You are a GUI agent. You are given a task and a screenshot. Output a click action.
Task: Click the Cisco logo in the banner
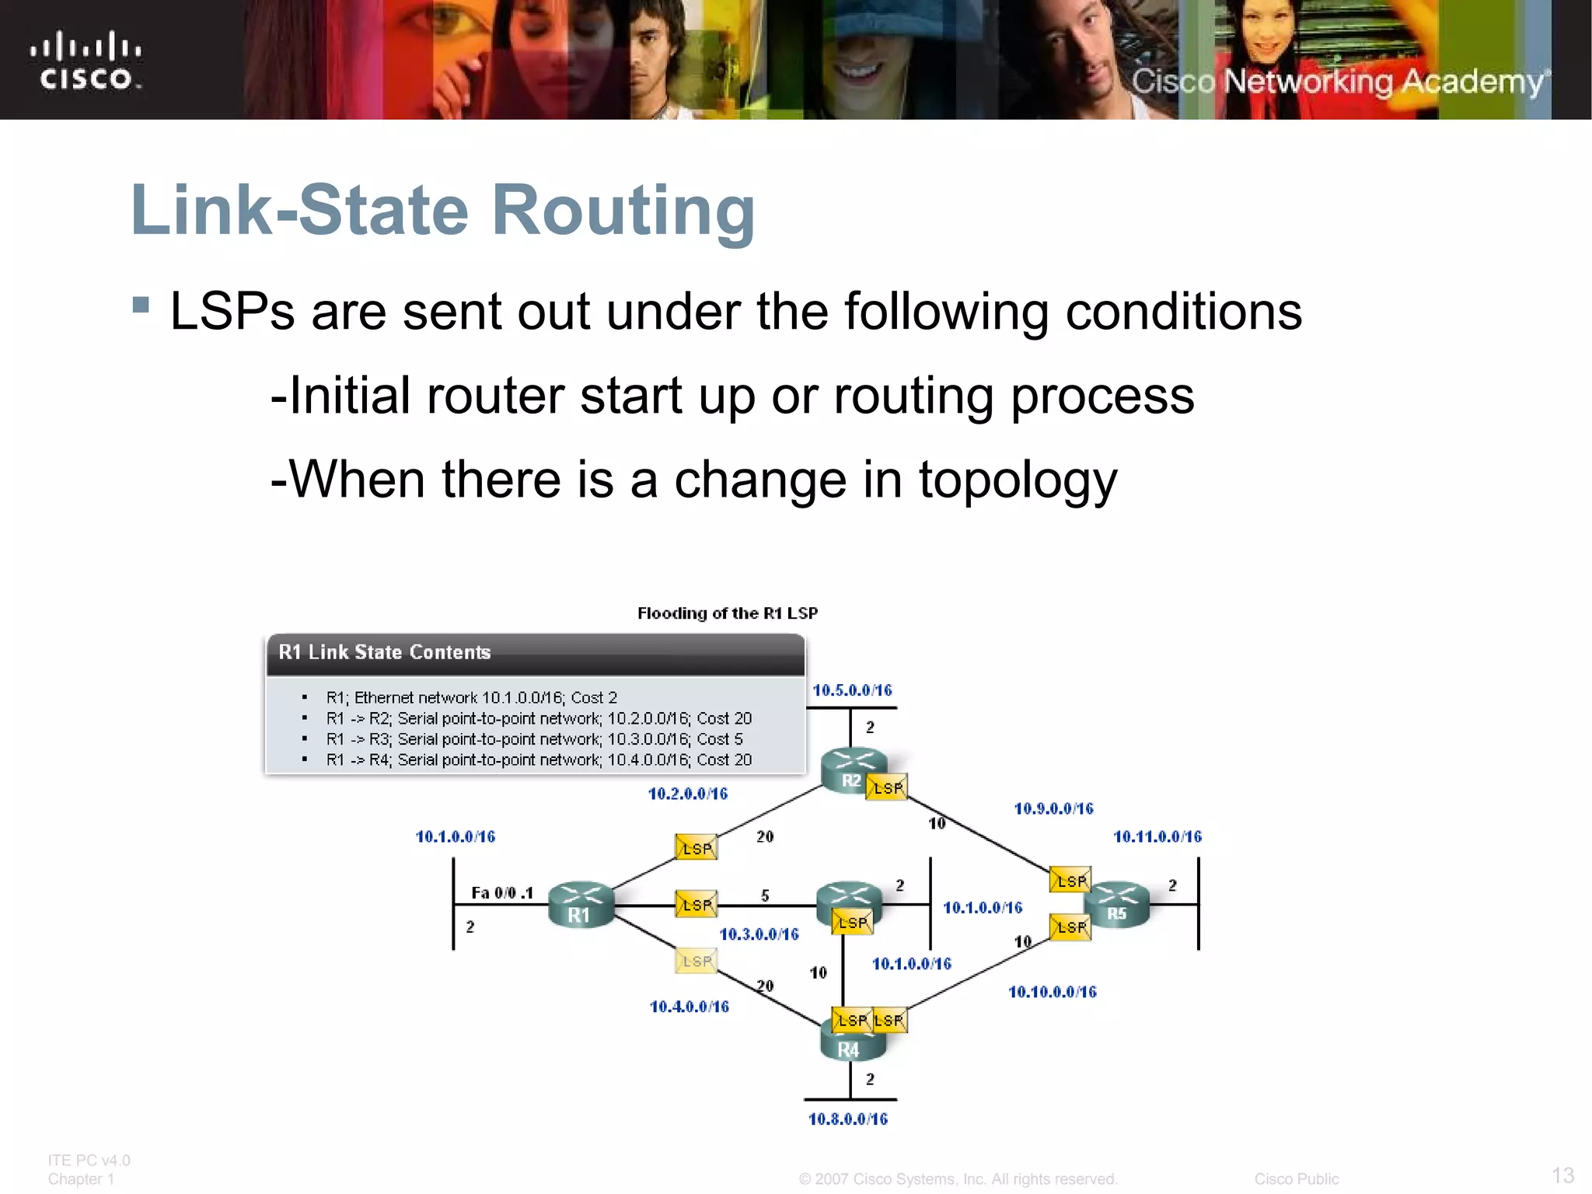(86, 61)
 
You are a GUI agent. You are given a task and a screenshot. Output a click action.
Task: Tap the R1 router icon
(580, 905)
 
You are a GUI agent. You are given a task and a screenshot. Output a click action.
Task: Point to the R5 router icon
(1117, 905)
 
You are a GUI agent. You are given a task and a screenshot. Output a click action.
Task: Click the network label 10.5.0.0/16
(852, 690)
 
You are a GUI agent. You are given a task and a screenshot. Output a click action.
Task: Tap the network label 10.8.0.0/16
(848, 1119)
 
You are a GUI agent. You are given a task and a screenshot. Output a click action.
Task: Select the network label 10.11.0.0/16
(1157, 836)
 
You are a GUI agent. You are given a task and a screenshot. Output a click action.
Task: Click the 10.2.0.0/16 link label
(688, 794)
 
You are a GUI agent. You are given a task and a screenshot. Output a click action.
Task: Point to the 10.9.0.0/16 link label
(1053, 808)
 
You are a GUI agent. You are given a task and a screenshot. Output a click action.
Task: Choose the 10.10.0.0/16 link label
(1052, 992)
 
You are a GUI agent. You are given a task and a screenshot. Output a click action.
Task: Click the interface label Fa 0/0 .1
(502, 892)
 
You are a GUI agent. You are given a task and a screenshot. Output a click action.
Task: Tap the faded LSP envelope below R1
(696, 961)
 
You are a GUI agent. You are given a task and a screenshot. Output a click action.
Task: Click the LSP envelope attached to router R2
(886, 787)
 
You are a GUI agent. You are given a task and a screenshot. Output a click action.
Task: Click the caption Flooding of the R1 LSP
(728, 613)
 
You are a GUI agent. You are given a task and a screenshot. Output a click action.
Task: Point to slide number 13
(1562, 1175)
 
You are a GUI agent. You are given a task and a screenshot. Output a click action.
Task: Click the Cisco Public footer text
(1296, 1179)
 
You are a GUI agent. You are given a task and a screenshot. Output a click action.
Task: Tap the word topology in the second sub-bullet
(1018, 480)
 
